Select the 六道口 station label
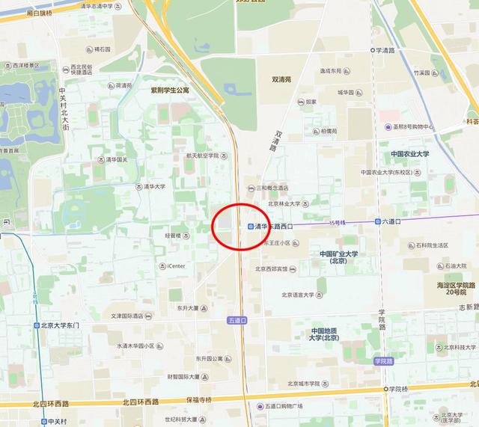pyautogui.click(x=392, y=221)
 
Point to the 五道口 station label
pyautogui.click(x=237, y=320)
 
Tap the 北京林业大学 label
pyautogui.click(x=284, y=203)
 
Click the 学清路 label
pyautogui.click(x=386, y=50)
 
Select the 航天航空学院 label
pyautogui.click(x=202, y=156)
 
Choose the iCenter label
pyautogui.click(x=176, y=265)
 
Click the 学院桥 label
pyautogui.click(x=397, y=389)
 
